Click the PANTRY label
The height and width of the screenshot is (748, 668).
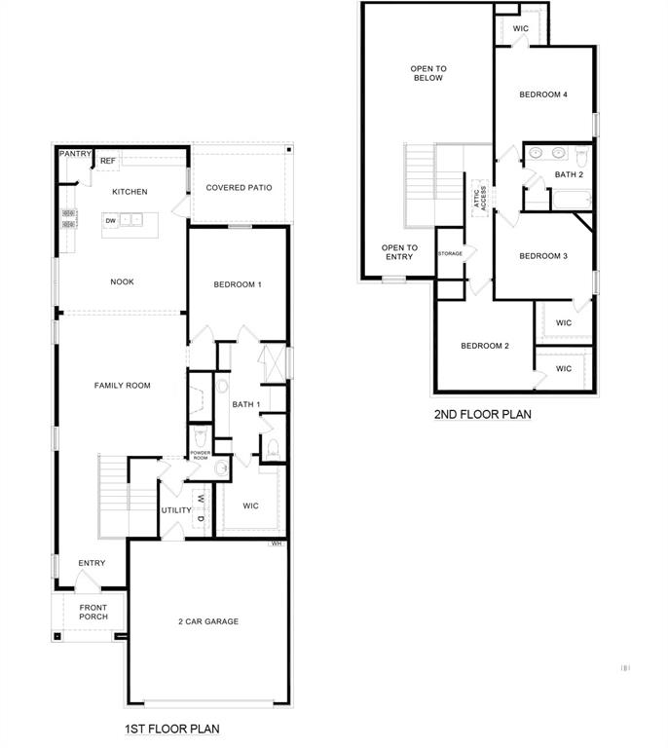pos(75,154)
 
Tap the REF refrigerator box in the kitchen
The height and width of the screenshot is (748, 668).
pos(107,161)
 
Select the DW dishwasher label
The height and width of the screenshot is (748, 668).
pos(111,221)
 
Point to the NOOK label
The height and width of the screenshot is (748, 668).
pos(122,281)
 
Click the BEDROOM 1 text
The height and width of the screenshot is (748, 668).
pos(238,284)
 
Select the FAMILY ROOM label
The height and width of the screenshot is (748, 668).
pos(122,386)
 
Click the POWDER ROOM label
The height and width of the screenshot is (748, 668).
pos(200,455)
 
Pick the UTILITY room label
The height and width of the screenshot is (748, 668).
pos(176,509)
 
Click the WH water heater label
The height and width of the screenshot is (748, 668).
pos(277,543)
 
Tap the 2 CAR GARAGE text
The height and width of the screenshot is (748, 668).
pos(207,621)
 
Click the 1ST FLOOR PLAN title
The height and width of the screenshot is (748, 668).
pos(171,729)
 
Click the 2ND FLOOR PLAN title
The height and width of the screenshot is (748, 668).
pos(482,414)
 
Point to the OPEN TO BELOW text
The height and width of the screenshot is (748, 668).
pos(427,73)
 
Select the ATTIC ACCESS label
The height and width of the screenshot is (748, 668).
pos(479,196)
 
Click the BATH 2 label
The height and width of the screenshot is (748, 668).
pos(569,174)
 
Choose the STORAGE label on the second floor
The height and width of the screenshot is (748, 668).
pos(450,252)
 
